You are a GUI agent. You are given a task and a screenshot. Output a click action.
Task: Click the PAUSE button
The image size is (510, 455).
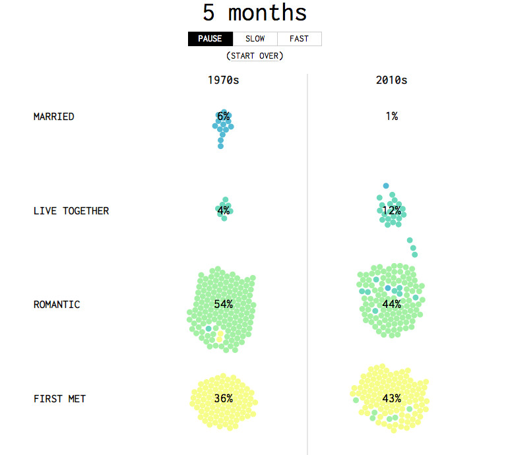[210, 39]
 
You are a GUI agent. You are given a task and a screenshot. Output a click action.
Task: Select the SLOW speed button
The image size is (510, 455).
[255, 39]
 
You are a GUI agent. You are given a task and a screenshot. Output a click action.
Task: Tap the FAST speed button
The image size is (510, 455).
[299, 39]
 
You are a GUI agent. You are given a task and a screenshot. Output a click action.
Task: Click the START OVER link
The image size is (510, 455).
[255, 56]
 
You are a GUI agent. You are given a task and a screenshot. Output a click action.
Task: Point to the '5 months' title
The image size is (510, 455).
[255, 13]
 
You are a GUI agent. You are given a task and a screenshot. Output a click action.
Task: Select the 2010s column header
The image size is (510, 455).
[391, 80]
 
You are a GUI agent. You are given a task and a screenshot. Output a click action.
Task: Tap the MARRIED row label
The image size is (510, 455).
[53, 117]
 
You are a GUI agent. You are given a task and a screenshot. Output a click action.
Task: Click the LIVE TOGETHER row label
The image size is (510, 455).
[71, 211]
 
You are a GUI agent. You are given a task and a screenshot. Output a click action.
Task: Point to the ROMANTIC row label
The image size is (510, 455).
[57, 305]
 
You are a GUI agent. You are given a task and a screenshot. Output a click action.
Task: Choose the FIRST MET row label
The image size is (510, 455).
[59, 399]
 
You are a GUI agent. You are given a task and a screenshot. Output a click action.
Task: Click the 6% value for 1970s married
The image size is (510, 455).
[224, 117]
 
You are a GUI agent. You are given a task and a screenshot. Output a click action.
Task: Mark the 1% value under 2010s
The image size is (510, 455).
[391, 117]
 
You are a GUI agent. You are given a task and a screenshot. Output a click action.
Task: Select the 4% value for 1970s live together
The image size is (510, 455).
[224, 211]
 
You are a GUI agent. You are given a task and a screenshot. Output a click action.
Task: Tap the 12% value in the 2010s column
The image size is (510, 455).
[391, 211]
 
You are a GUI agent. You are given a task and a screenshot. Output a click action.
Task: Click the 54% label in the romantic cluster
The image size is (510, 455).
[224, 305]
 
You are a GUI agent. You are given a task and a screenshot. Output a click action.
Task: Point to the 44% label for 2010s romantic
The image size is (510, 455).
[391, 305]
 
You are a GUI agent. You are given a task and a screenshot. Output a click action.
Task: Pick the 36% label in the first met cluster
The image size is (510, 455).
[224, 399]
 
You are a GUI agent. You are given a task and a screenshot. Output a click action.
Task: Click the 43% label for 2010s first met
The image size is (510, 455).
[391, 399]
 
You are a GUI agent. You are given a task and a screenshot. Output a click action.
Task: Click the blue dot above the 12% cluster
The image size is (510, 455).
[386, 186]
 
